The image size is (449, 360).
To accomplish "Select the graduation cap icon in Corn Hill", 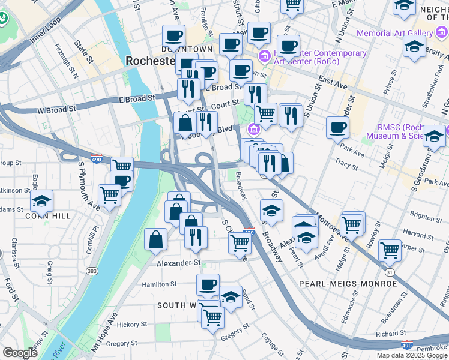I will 41,201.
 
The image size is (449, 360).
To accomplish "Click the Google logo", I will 20,353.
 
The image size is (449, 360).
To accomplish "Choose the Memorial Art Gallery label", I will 403,33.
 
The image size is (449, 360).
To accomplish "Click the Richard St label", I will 390,334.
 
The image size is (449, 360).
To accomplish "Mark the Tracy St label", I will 346,162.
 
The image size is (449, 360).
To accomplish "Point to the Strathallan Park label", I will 433,97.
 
